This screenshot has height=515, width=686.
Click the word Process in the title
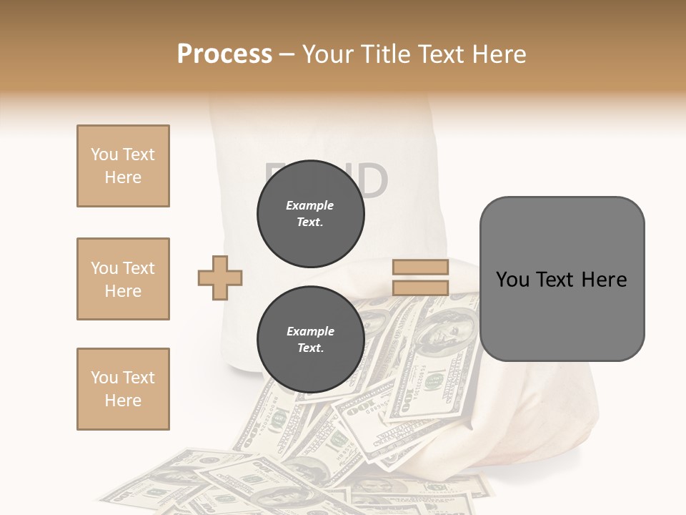coord(224,54)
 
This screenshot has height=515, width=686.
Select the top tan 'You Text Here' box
coord(123,166)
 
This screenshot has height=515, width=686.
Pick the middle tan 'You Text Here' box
coord(123,279)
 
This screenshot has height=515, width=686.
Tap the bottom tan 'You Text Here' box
coord(123,389)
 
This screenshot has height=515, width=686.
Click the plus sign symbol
coord(220,278)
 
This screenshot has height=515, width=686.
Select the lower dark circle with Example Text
coord(310,340)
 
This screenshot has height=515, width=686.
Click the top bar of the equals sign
coord(420,268)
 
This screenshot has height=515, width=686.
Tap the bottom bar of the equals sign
coord(420,288)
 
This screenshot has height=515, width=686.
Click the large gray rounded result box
coord(562,279)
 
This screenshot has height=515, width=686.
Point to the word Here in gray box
coord(605,280)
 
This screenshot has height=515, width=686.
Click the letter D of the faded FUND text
coord(372,181)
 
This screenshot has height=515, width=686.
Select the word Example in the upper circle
coord(310,205)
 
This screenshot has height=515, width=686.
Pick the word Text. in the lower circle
coord(310,348)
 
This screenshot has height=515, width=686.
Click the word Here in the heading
coord(497,54)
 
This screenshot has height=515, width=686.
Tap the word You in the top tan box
coord(104,154)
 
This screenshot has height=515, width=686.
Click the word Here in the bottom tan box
coord(123,401)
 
